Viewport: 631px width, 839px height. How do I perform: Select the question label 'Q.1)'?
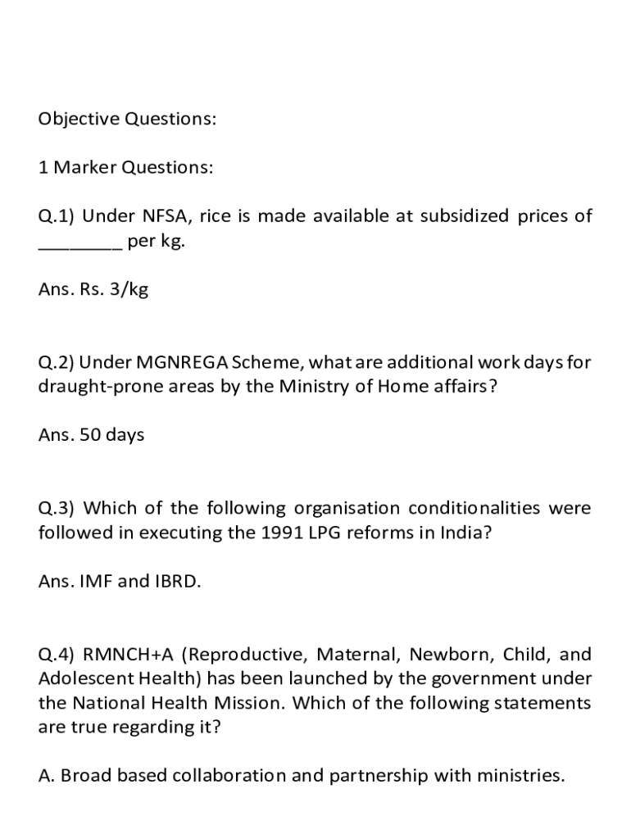pyautogui.click(x=57, y=217)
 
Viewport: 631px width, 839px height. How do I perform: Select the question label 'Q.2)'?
pyautogui.click(x=57, y=362)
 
